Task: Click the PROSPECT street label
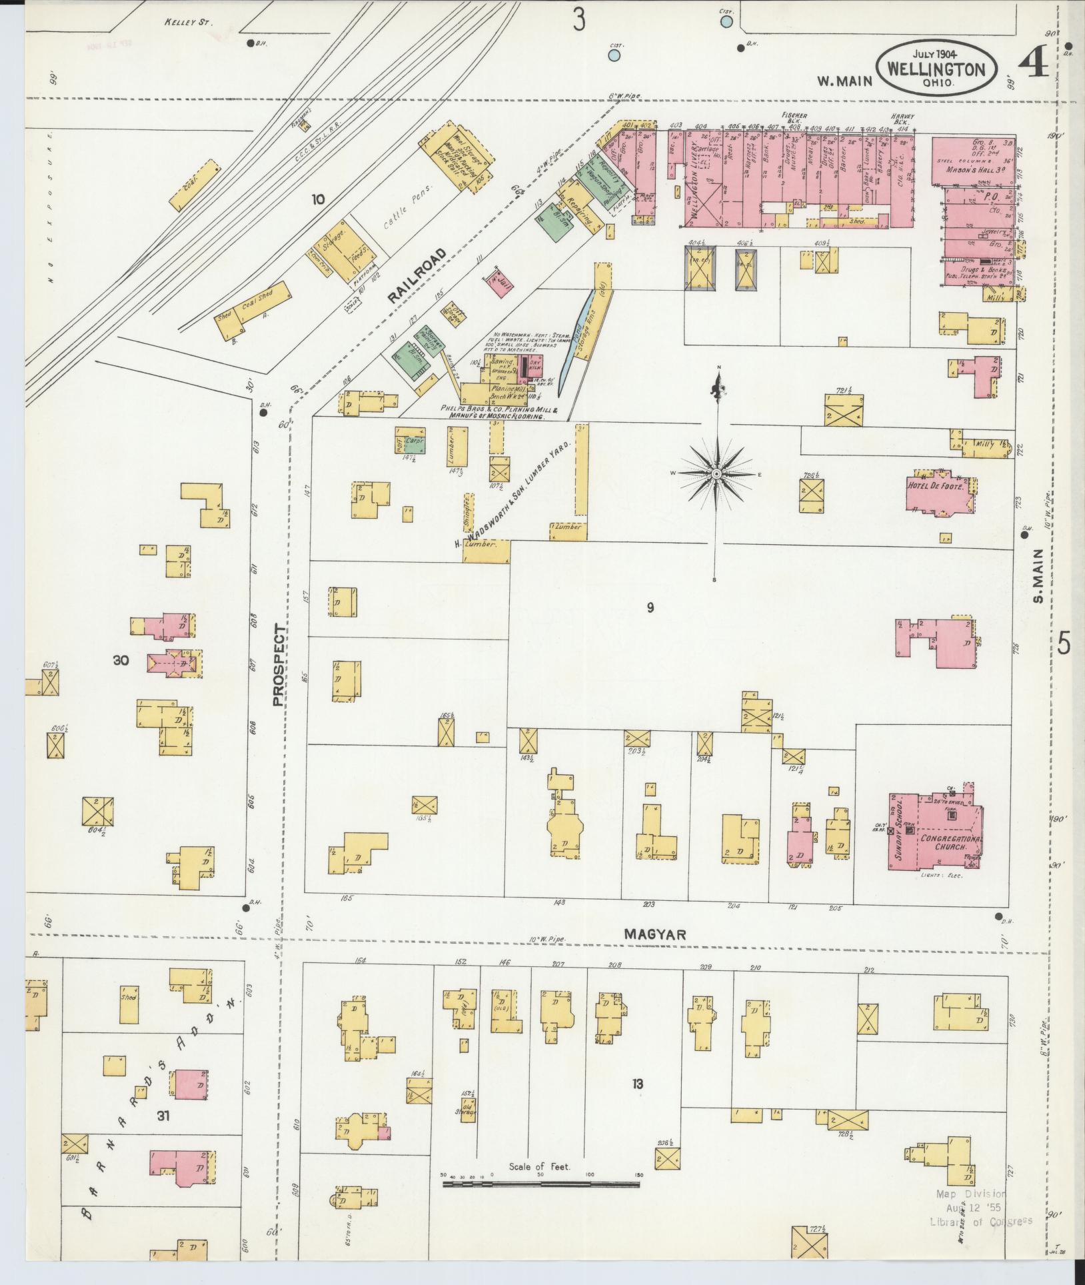[x=279, y=665]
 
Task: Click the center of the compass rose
[x=716, y=473]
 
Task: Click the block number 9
[x=650, y=607]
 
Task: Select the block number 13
[x=638, y=1084]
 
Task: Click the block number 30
[x=121, y=660]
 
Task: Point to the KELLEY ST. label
[x=187, y=22]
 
